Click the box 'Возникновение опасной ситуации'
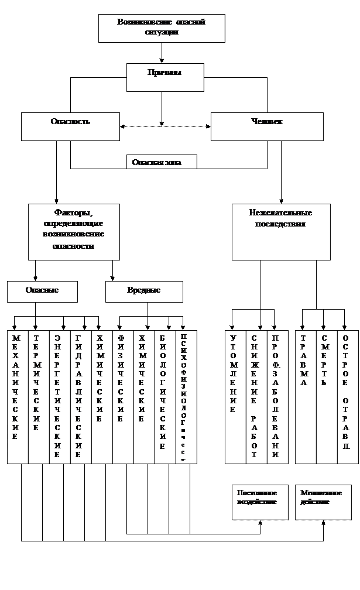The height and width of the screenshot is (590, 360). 162,28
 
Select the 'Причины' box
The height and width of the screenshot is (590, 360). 165,77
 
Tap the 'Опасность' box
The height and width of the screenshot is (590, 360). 70,126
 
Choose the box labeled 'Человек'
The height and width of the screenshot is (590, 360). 267,126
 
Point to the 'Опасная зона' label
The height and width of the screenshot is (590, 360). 162,162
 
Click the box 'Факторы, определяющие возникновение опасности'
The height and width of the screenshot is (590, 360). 74,232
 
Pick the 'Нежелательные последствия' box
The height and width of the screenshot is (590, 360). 281,232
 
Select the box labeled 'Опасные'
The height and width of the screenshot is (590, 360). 42,291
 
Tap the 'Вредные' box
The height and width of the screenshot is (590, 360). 144,291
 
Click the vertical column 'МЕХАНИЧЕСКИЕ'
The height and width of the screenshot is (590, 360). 18,397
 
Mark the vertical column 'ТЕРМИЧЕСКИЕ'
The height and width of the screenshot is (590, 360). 39,397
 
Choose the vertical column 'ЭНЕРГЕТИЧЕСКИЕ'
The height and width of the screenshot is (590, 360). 60,397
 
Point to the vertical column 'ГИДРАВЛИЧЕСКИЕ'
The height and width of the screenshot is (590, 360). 81,397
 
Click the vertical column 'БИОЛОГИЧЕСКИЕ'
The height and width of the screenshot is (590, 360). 165,397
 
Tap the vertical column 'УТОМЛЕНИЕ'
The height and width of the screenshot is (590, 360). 235,397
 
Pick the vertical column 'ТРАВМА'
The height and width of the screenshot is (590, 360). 306,397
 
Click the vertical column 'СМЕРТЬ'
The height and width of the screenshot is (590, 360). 327,397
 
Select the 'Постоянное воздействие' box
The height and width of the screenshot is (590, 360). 260,502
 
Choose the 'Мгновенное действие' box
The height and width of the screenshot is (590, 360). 323,502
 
